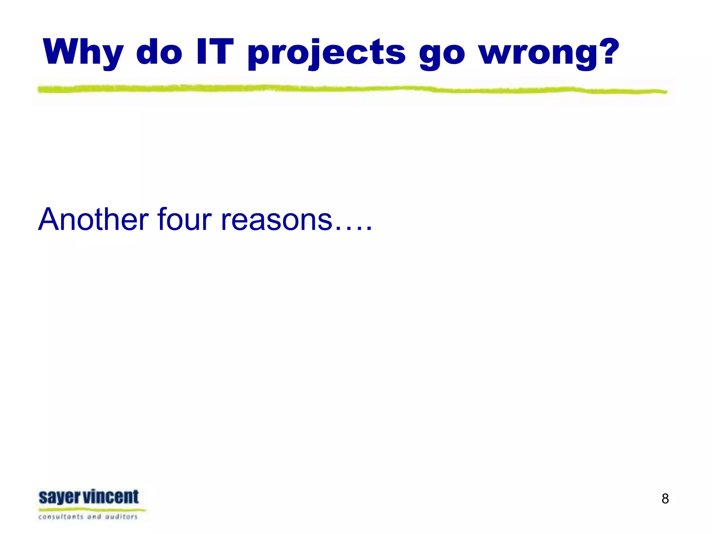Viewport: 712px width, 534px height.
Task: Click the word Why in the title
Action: tap(83, 52)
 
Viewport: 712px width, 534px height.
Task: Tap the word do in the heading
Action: tap(159, 52)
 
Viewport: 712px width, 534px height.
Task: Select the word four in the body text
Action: tap(184, 219)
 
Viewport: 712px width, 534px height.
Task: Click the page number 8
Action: tap(665, 499)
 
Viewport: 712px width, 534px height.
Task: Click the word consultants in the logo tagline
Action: tap(60, 517)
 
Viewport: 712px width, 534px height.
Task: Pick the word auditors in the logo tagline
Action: tap(121, 517)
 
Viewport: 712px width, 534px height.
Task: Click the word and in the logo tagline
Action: tap(94, 517)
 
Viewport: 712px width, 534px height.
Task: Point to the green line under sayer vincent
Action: tap(92, 510)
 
